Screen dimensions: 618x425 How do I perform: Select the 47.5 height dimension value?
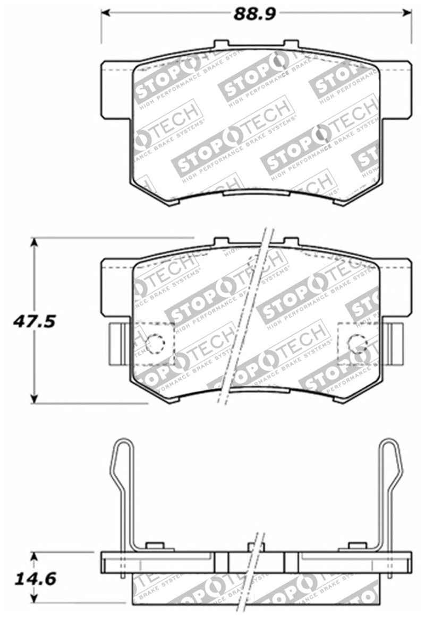click(35, 321)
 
